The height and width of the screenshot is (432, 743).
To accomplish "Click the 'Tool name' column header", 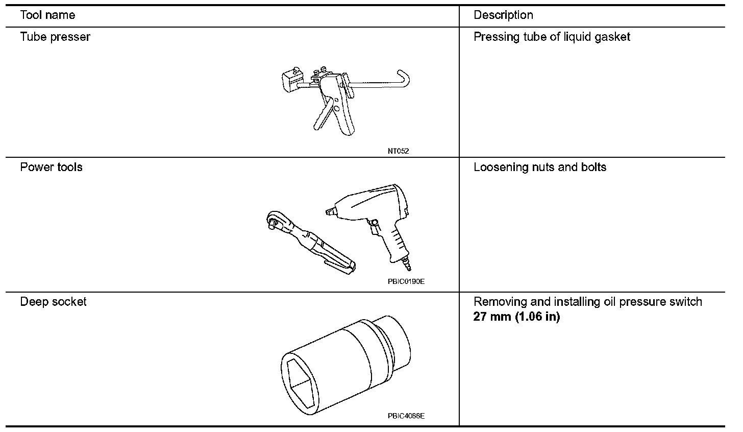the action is point(47,15).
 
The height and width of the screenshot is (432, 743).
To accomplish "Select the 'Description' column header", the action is point(503,15).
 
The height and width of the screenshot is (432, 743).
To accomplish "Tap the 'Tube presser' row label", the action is point(55,37).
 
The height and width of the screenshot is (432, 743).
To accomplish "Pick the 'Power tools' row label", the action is point(51,167).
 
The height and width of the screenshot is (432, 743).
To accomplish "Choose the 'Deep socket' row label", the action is point(53,302).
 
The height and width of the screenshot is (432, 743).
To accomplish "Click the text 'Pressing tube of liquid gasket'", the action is point(552,37).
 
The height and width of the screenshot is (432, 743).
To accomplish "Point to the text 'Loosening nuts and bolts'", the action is point(540,167).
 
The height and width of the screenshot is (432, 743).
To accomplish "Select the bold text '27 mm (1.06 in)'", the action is point(516,317).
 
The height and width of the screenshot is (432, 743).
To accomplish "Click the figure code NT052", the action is point(398,151).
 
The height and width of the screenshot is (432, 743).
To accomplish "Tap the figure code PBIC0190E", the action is point(406,281).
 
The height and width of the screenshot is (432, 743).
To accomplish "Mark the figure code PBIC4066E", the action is point(406,416).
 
